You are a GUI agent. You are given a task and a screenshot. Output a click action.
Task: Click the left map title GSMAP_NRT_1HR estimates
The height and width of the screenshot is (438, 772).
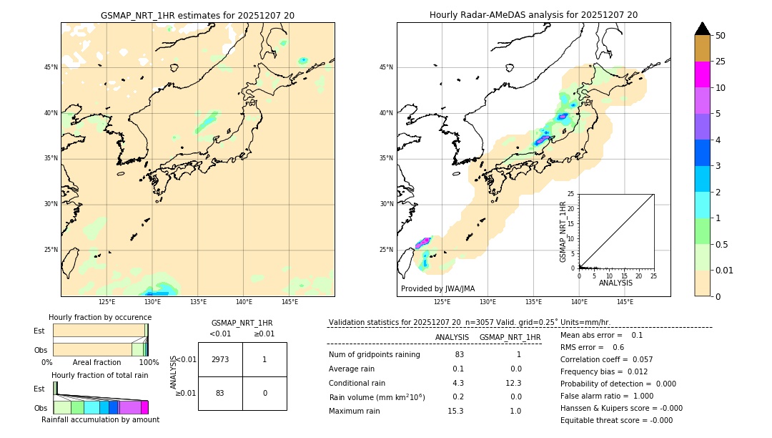[x=197, y=15]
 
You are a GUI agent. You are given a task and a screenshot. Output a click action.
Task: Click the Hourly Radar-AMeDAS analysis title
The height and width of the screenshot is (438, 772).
[x=533, y=15]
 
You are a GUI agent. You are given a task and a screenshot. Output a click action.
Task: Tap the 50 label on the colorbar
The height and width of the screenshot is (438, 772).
[x=721, y=36]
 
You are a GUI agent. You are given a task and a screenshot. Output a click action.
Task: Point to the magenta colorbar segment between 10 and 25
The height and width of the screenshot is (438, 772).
[x=702, y=74]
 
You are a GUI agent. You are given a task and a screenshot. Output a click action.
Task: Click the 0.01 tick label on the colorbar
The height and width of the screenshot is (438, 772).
[x=725, y=270]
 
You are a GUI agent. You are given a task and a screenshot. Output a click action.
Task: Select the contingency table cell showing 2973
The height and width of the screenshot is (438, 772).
[x=220, y=359]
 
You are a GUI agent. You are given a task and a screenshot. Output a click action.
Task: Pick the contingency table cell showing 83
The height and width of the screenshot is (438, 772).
[x=220, y=393]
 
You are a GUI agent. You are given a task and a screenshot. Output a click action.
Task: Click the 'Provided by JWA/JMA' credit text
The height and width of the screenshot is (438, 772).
[x=437, y=288]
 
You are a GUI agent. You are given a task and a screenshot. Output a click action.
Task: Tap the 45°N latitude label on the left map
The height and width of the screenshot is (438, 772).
[x=51, y=67]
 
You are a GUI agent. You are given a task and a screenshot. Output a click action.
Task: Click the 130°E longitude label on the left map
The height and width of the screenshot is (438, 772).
[x=152, y=302]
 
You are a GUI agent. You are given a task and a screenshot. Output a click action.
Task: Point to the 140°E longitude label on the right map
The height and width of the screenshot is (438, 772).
[x=579, y=302]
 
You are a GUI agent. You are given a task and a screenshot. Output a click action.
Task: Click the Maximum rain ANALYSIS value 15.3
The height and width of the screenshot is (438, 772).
[x=455, y=411]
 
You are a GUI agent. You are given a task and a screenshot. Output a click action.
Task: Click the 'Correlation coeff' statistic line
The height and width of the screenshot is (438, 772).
[x=606, y=359]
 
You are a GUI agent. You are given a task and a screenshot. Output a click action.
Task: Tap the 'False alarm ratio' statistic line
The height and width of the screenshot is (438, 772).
[x=606, y=396]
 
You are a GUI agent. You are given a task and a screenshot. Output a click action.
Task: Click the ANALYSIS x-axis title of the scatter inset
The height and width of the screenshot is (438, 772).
[x=615, y=283]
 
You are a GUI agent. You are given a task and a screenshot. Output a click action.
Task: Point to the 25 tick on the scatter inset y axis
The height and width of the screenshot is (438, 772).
[x=571, y=194]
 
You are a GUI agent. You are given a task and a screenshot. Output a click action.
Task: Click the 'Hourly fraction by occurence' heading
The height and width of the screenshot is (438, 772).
[x=100, y=317]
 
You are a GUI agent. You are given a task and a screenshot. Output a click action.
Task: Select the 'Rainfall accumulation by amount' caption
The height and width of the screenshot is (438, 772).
[x=100, y=419]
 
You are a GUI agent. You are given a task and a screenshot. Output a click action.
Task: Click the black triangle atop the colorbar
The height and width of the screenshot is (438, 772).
[x=702, y=29]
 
